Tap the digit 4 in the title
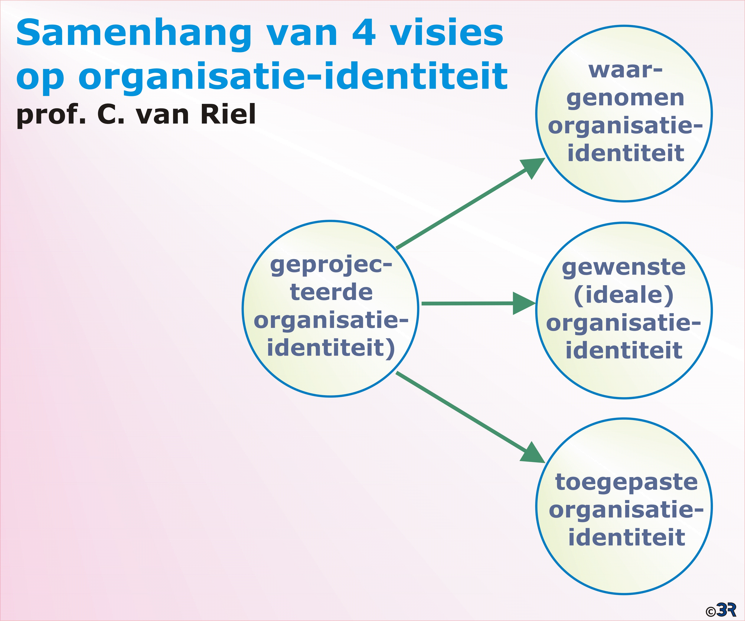364,33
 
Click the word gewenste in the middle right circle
624,268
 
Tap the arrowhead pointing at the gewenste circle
524,303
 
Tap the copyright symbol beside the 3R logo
711,612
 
